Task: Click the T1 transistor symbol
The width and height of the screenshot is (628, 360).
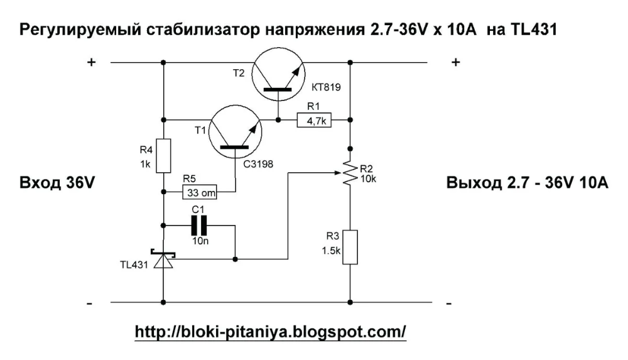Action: coord(235,133)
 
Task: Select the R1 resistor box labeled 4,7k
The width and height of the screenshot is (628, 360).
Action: coord(314,120)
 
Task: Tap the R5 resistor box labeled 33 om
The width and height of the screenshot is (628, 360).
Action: coord(200,192)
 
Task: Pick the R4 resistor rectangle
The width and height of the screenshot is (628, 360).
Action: coord(163,156)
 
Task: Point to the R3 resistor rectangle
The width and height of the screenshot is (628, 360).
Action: coord(350,247)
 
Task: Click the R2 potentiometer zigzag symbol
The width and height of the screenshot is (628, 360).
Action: coord(350,173)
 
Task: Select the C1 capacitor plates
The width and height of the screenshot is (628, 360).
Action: coord(199,226)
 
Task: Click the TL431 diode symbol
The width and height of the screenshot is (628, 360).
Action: coord(163,259)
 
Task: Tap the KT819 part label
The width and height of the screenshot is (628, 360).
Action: coord(326,87)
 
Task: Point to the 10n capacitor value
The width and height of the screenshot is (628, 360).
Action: coord(200,241)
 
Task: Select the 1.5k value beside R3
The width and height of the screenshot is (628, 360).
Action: coord(331,251)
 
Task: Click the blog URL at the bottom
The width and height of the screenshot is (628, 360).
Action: coord(271,332)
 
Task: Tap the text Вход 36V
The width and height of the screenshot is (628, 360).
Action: coord(57,183)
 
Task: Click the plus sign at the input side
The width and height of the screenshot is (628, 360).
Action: coord(92,62)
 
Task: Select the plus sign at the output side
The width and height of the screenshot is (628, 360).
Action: coord(456,62)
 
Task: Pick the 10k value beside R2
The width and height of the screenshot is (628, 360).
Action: coord(368,179)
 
